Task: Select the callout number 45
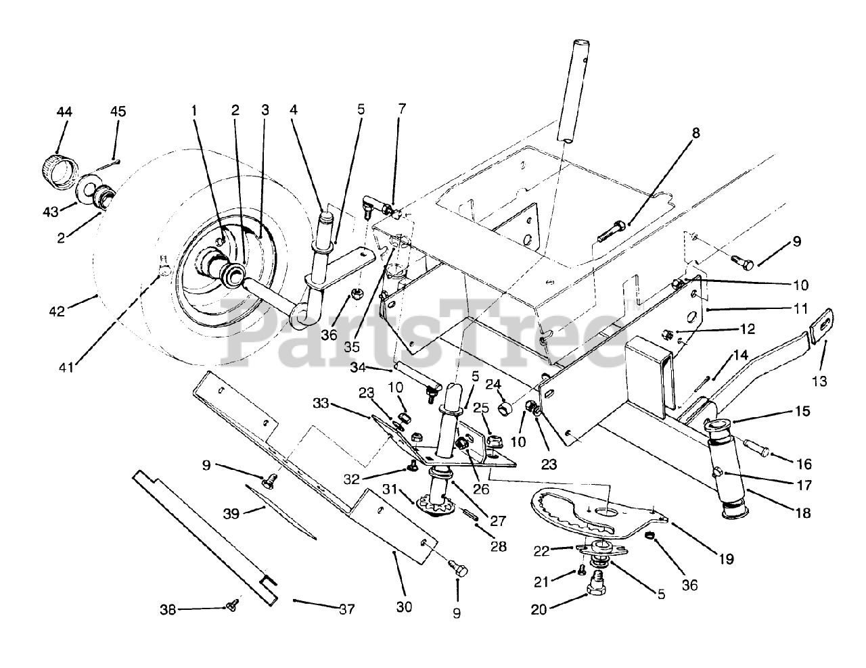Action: (118, 112)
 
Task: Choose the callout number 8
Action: (696, 133)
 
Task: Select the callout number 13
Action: (819, 381)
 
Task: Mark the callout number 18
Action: (803, 512)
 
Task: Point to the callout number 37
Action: (346, 609)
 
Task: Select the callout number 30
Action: (404, 607)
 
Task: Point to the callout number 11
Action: (800, 309)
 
